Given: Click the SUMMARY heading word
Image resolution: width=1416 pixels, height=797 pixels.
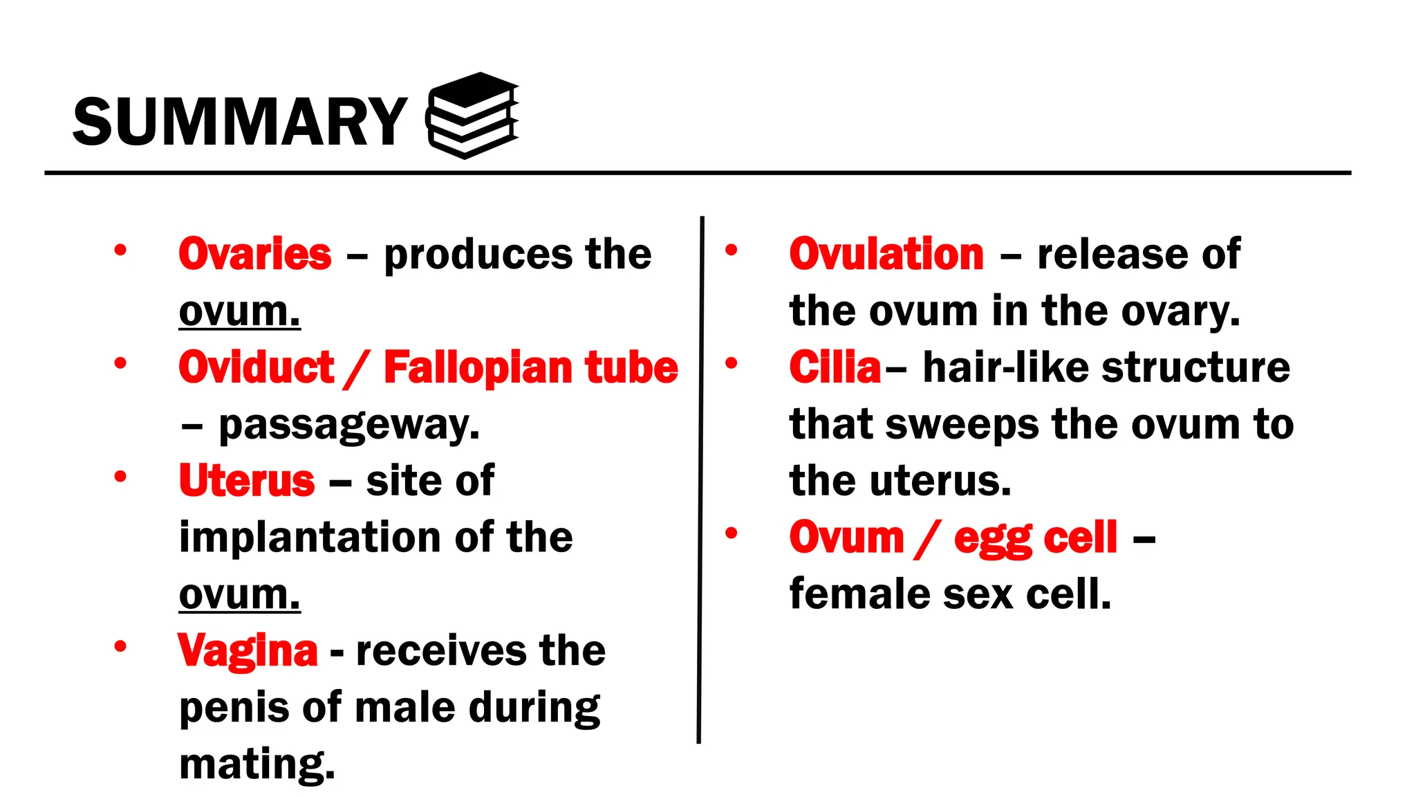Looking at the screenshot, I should tap(239, 122).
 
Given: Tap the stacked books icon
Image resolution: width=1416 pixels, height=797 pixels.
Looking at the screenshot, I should tap(473, 116).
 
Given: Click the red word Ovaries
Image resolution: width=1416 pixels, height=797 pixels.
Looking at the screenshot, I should tap(254, 254).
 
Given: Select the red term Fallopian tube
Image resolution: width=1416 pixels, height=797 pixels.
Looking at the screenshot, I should tap(530, 367).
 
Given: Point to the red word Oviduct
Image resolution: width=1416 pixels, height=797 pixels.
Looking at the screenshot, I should tap(256, 367).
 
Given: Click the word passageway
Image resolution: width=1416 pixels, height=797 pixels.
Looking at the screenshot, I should tap(348, 425).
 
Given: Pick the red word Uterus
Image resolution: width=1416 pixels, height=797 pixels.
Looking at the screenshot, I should tap(247, 481).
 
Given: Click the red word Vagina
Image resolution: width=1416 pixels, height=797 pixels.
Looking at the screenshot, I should tap(248, 651).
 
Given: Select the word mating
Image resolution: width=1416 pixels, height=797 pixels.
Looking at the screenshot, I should tap(257, 764).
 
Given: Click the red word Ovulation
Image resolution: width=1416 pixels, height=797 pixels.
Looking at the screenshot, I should tap(886, 254).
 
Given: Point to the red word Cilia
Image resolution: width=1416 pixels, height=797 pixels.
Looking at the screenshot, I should tap(835, 367).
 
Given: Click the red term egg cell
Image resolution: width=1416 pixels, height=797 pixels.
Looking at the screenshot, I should tap(1035, 538).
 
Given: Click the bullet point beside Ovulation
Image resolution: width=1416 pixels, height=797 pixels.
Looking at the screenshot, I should tap(732, 250).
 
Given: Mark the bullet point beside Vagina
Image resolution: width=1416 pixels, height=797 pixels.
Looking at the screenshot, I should tap(120, 647).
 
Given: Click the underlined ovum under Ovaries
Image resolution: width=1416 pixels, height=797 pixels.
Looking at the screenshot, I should tap(239, 312).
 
